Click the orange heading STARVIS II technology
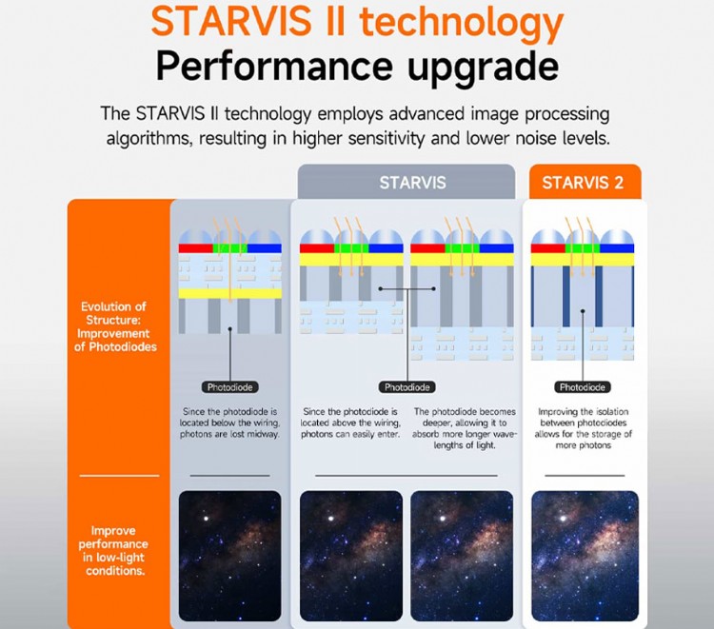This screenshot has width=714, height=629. pyautogui.click(x=357, y=24)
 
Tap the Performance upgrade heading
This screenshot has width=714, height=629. pyautogui.click(x=357, y=68)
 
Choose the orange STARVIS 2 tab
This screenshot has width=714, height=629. pyautogui.click(x=583, y=182)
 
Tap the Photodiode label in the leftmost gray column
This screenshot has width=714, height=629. pyautogui.click(x=229, y=387)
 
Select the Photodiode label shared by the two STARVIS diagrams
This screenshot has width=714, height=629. pyautogui.click(x=407, y=387)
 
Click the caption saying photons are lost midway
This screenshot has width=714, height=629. pyautogui.click(x=229, y=423)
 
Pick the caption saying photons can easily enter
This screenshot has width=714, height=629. pyautogui.click(x=350, y=423)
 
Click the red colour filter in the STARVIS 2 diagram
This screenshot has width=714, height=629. pyautogui.click(x=546, y=247)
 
